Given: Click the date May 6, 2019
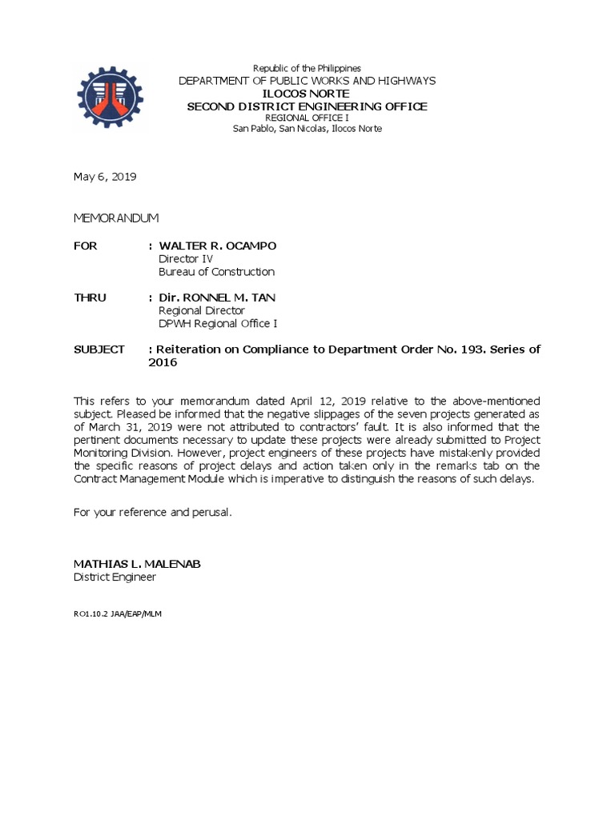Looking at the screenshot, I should coord(105,178).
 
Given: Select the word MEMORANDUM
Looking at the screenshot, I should coord(116,218).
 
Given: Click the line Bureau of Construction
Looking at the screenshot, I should coord(216,272).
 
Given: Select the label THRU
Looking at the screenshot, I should coord(90,298).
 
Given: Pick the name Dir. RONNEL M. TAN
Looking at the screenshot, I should coord(217,298).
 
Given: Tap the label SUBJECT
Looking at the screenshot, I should coord(98,350).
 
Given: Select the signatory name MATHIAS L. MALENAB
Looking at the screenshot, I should coord(138,564).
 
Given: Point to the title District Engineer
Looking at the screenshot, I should coord(115,577).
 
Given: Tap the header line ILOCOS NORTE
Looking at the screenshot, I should coord(307,94).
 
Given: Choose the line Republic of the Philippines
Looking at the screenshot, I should coord(307,69).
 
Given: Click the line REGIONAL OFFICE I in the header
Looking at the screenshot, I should coord(307,118).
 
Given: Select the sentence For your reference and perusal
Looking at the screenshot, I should coord(153,512).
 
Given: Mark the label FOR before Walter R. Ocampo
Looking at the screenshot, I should coord(86,246).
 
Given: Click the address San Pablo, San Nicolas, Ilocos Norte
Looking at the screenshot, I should coord(307,130).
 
